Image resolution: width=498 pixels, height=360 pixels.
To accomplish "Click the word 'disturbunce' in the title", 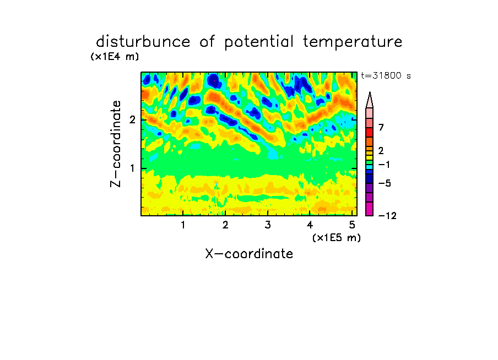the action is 143,42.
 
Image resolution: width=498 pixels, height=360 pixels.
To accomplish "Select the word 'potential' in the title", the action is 259,42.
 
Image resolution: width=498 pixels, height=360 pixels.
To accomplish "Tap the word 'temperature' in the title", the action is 353,42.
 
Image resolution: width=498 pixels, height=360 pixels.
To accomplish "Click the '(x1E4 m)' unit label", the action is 115,57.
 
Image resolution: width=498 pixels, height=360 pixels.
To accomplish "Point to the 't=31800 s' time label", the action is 386,75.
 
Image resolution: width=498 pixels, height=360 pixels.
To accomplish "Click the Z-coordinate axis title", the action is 115,144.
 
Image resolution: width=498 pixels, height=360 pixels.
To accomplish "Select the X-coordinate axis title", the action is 249,254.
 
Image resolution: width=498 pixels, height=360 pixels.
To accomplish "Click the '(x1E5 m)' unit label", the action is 337,238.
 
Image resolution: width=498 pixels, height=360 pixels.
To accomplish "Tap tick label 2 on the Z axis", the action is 132,120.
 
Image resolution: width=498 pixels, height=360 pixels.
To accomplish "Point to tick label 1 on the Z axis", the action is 132,168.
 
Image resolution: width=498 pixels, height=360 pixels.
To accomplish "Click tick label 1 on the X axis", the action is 183,225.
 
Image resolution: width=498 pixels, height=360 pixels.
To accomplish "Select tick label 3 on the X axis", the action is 268,225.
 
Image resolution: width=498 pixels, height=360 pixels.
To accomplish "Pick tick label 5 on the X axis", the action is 352,225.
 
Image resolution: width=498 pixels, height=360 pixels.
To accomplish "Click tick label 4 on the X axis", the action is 310,225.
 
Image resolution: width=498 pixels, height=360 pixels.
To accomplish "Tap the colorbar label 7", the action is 381,128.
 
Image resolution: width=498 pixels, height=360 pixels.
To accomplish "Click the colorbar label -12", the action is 387,216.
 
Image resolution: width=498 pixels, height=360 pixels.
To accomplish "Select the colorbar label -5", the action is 385,183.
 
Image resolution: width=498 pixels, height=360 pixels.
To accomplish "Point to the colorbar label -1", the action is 384,165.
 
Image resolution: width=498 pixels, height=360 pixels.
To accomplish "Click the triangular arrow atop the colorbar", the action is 370,100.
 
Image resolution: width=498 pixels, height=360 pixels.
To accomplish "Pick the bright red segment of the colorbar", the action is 370,132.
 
